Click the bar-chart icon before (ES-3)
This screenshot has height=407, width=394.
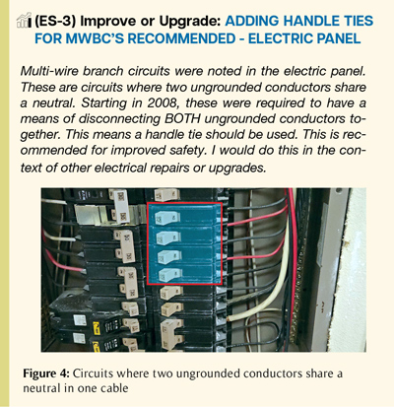(24, 21)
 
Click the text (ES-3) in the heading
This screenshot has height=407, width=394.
(55, 22)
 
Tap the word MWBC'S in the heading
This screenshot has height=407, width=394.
(95, 38)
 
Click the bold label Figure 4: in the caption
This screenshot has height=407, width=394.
(46, 373)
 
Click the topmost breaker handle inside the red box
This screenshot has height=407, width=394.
(167, 217)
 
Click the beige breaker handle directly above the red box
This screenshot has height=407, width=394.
(166, 194)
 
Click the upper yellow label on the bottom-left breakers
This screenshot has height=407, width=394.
(97, 327)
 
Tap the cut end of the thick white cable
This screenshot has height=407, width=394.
(231, 318)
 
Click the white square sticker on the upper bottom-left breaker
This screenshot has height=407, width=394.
(80, 320)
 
